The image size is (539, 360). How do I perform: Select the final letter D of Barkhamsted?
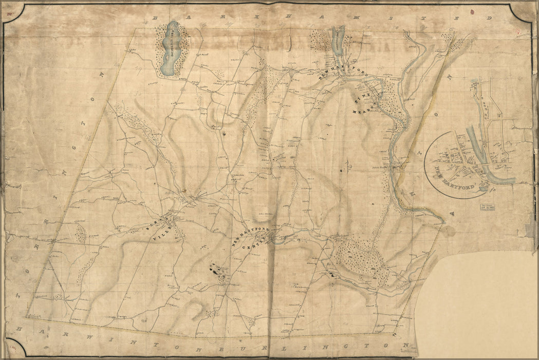491,19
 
